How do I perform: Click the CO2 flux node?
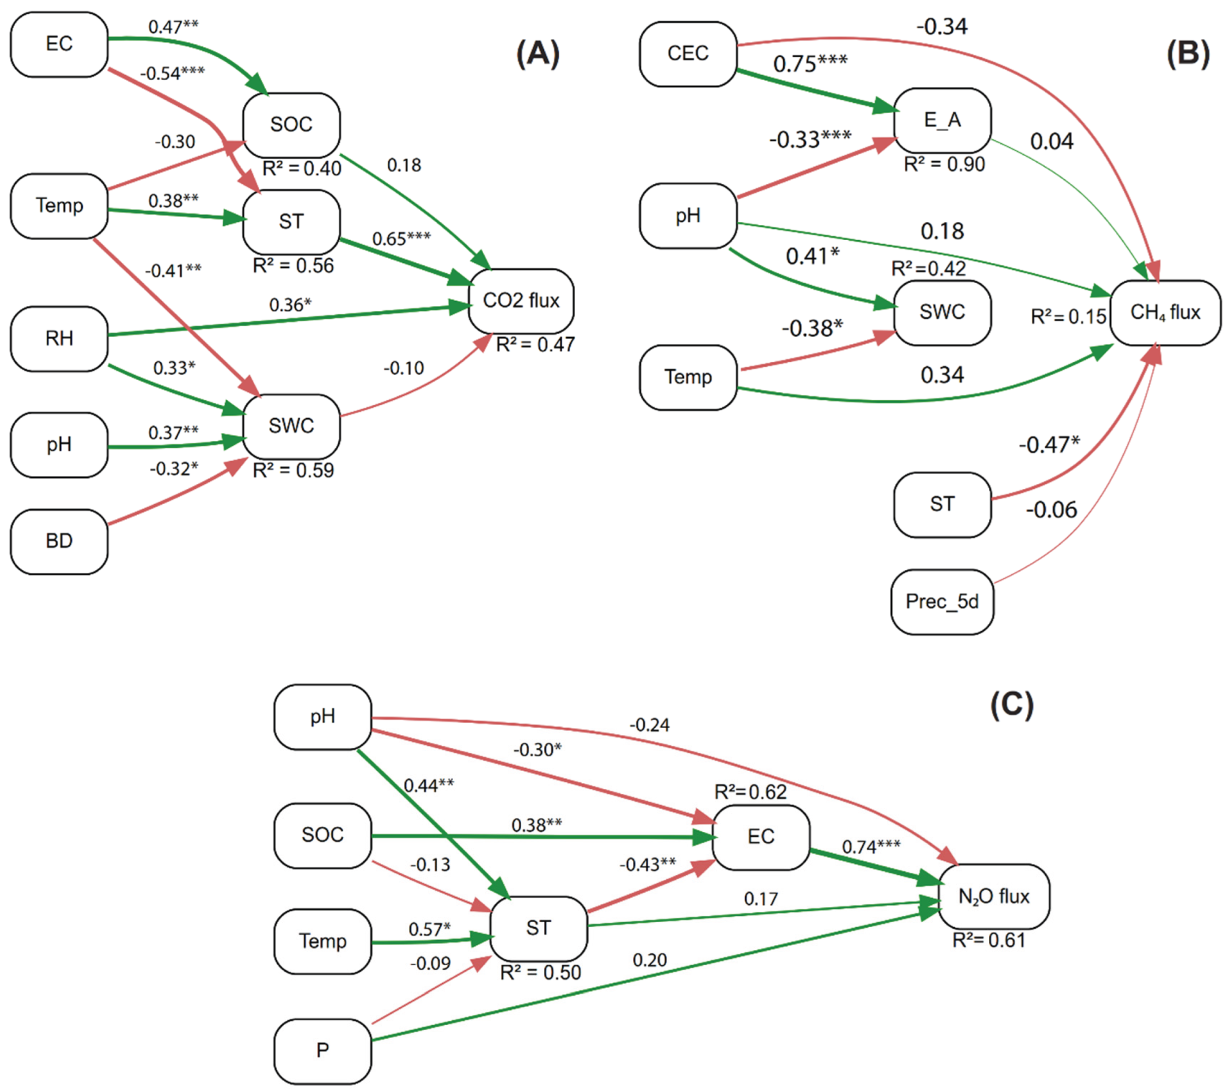[x=520, y=301]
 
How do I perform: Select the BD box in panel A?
[x=59, y=541]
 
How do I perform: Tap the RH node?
[x=59, y=338]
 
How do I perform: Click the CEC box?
[x=687, y=53]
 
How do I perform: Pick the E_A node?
[x=942, y=120]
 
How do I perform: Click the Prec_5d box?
[x=942, y=602]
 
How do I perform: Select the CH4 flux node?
[x=1164, y=312]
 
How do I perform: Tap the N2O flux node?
[x=993, y=896]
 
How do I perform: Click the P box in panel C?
[x=322, y=1050]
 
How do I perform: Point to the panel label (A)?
[x=537, y=54]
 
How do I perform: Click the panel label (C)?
[x=1012, y=704]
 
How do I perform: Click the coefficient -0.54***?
[x=173, y=73]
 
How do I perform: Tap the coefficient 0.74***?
[x=871, y=847]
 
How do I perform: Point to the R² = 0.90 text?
[x=944, y=164]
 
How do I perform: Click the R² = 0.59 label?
[x=292, y=470]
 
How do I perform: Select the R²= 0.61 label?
[x=988, y=940]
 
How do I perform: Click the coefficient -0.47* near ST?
[x=1048, y=445]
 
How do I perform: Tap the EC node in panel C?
[x=760, y=837]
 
